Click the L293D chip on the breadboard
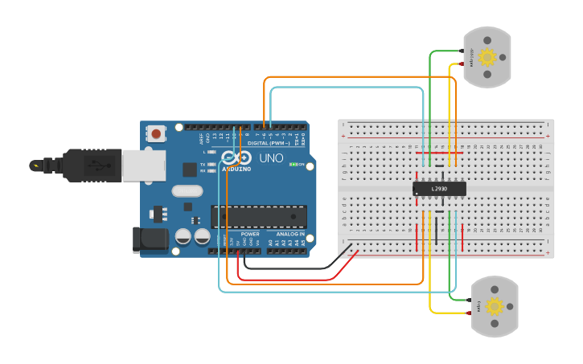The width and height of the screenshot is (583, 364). tap(439, 189)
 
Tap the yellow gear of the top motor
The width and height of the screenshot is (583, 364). tap(487, 57)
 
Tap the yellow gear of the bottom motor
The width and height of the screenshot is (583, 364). tap(494, 306)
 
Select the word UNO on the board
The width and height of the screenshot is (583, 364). tap(271, 158)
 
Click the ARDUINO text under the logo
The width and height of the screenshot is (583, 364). tap(236, 170)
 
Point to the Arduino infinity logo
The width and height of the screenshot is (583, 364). tap(236, 158)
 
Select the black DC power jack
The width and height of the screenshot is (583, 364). tap(150, 239)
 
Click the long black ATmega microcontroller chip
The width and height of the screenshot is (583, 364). tap(259, 216)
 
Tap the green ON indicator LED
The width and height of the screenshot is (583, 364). tap(293, 165)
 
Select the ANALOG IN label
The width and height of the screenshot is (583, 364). tap(290, 234)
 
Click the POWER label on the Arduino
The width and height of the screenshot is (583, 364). tap(250, 234)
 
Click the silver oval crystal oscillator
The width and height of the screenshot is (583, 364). tap(187, 190)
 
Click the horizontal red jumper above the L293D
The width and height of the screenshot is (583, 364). tap(439, 153)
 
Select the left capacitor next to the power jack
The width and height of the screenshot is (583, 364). tap(183, 237)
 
